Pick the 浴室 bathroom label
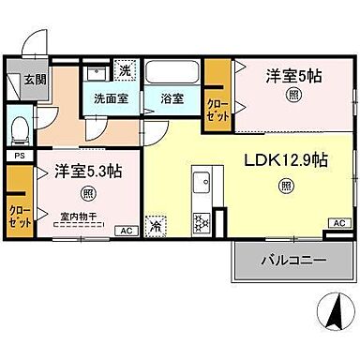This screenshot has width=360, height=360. coord(172,98)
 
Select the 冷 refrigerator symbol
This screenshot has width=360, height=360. coord(153,226)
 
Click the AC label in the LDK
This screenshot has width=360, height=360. coord(338,222)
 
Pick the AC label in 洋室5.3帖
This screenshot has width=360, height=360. coord(124,230)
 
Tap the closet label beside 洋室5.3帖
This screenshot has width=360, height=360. coord(16,211)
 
